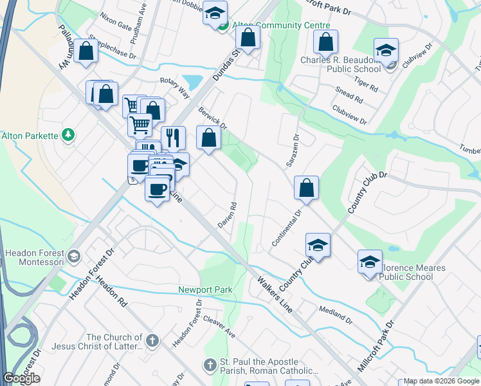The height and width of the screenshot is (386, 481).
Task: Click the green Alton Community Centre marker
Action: (x=223, y=26)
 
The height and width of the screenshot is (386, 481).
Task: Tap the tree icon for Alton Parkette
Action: (x=68, y=135)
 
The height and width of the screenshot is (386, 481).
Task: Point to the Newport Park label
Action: (x=205, y=290)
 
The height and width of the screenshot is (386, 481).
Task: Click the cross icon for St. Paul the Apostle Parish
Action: (x=209, y=365)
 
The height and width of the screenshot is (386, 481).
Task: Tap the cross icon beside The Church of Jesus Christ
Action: (x=152, y=341)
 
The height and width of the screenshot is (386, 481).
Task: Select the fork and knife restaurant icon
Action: (x=173, y=136)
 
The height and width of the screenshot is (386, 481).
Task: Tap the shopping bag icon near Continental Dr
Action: (x=307, y=188)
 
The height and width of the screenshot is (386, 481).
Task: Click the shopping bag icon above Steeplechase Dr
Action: (x=86, y=51)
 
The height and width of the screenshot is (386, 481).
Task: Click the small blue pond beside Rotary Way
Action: (x=192, y=82)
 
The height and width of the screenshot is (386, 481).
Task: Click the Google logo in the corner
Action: (x=21, y=378)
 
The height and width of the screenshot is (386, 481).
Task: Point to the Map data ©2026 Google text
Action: (x=440, y=381)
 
